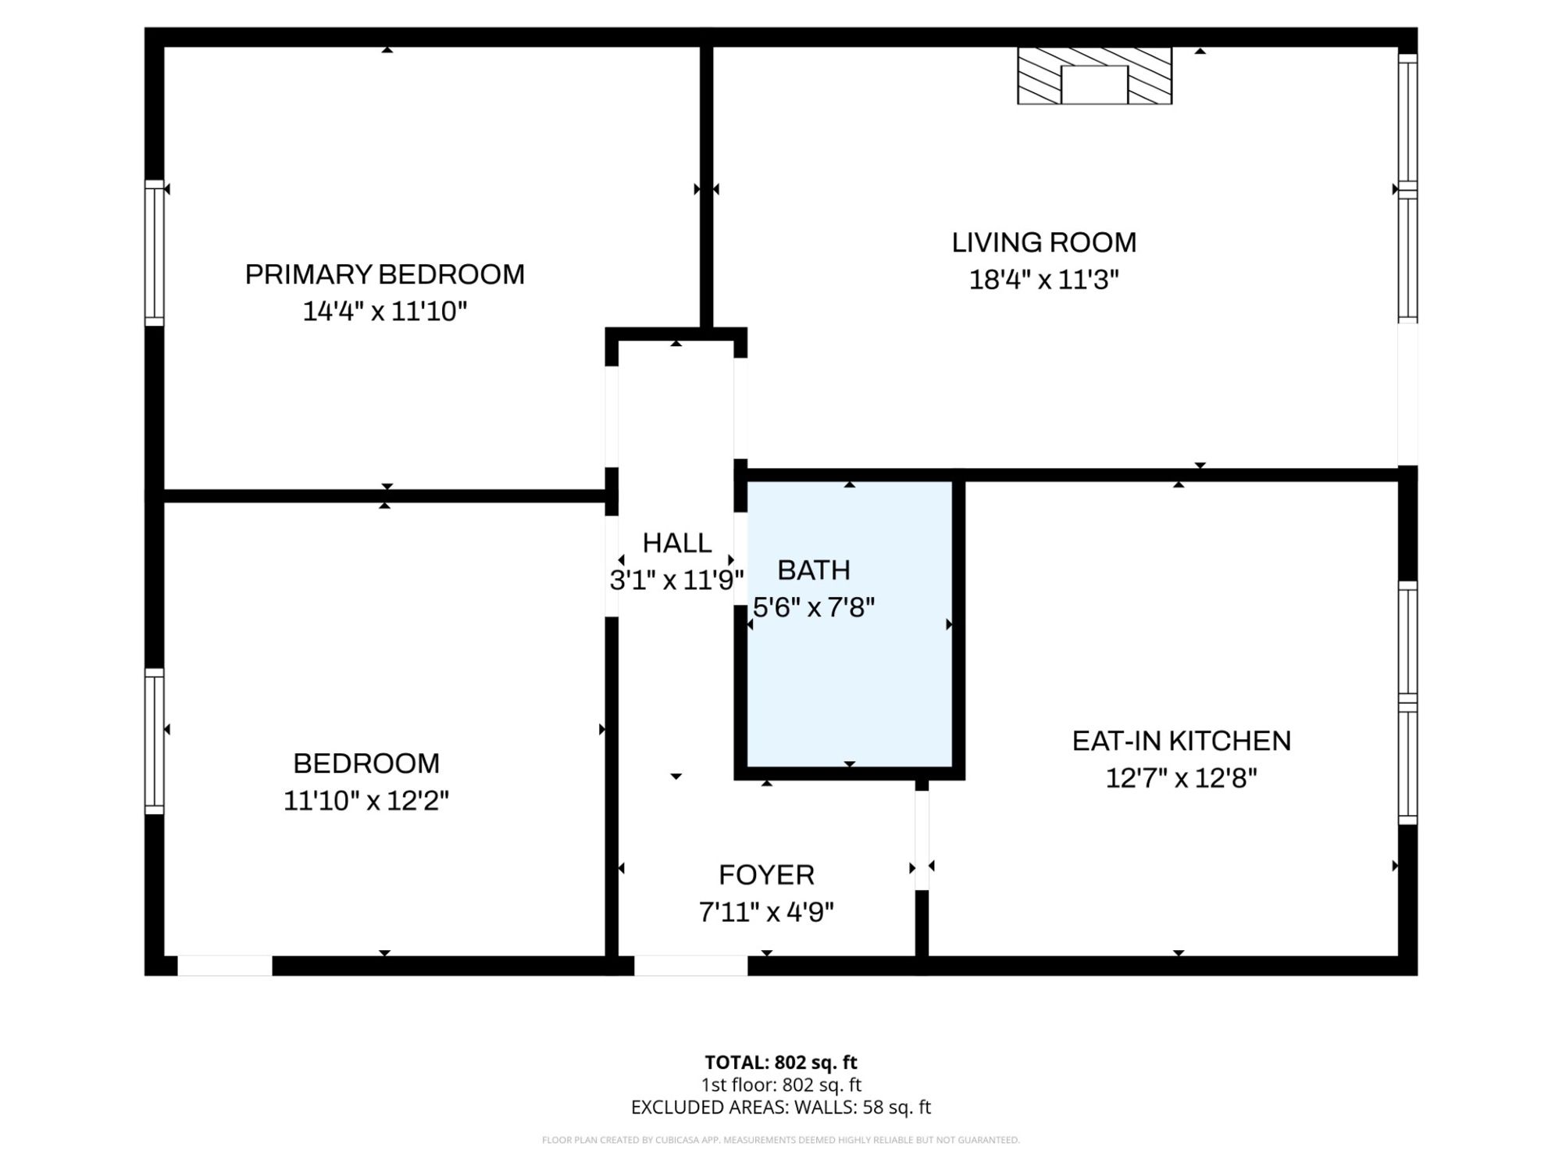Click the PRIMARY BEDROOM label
[384, 274]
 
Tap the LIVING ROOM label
[1043, 242]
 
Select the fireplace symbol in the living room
[1094, 76]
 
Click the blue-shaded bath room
[850, 624]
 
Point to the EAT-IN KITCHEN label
[1181, 741]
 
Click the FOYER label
[766, 875]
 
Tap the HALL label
[676, 543]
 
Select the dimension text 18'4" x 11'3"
[1043, 280]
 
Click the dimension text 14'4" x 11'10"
[384, 312]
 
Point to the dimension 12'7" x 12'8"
[1181, 778]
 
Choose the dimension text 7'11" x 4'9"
[766, 912]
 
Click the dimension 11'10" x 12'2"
[366, 801]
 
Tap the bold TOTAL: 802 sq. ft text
[780, 1063]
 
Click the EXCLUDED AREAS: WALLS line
[780, 1107]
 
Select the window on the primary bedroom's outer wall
[155, 253]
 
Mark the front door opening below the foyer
[690, 966]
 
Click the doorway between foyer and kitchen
[922, 841]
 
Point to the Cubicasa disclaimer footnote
[780, 1140]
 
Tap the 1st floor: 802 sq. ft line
[780, 1084]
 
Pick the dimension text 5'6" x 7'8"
[814, 607]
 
